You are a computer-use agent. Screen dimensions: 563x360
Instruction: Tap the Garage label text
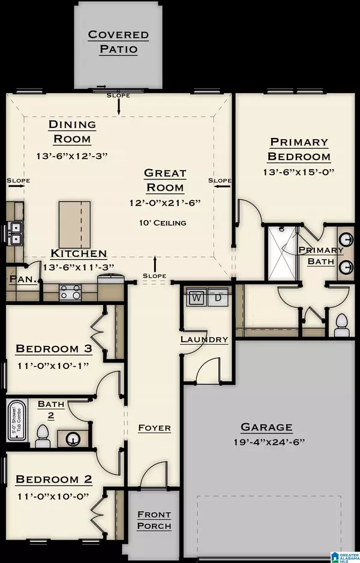[266, 427]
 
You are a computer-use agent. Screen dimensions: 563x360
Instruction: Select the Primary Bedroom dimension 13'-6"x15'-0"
[299, 171]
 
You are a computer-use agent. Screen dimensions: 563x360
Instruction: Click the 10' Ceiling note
[165, 223]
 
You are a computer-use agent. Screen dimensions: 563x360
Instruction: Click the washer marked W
[196, 297]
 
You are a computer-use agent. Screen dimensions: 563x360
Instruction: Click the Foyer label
[154, 428]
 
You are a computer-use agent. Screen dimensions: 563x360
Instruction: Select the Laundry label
[204, 339]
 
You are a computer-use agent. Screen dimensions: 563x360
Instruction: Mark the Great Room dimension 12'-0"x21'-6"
[165, 203]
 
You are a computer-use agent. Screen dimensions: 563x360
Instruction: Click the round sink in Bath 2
[73, 438]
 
